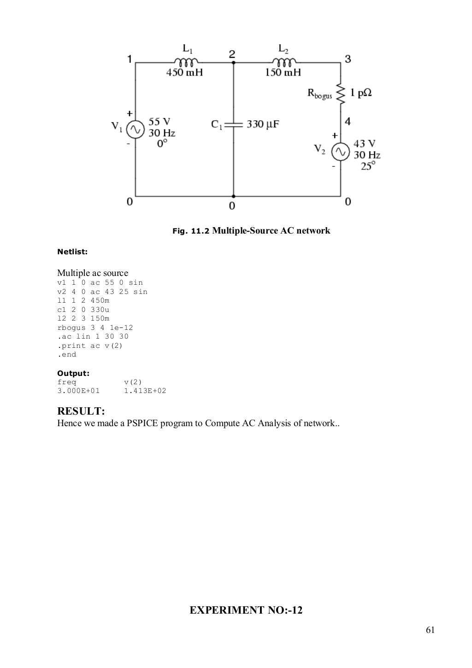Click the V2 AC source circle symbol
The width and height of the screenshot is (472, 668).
341,151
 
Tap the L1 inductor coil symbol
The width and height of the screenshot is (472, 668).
186,62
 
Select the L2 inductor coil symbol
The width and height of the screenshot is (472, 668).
284,62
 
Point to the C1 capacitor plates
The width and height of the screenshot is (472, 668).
233,124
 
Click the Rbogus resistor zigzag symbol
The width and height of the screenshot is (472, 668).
341,94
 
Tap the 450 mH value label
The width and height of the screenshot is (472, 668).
184,72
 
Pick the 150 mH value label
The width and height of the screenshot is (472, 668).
283,72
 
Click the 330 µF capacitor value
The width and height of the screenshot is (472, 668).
263,124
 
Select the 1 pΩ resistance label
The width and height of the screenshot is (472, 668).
361,93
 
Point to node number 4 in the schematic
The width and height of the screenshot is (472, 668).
348,122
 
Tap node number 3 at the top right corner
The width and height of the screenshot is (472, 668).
348,59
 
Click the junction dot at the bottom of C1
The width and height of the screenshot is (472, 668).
233,196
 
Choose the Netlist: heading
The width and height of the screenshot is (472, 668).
72,252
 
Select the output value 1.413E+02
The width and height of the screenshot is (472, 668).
145,391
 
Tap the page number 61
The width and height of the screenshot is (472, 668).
431,630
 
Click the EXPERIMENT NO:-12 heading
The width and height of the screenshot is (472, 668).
246,610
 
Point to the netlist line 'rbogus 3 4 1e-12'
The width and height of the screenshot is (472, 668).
95,328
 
